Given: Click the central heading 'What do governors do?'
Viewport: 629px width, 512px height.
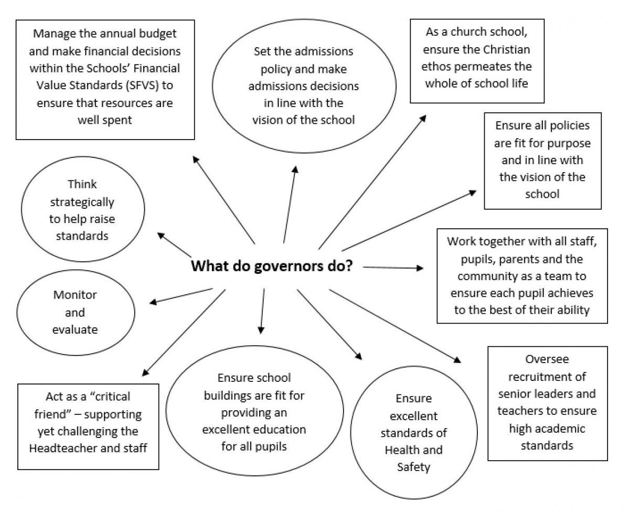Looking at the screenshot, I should point(271,266).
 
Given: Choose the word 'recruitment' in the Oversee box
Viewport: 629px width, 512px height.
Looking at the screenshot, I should point(547,376).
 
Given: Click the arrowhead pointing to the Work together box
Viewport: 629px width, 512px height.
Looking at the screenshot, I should point(420,268).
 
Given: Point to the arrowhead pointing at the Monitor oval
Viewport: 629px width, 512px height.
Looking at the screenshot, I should point(153,302).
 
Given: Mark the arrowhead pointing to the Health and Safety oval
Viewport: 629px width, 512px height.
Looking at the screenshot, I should point(358,356).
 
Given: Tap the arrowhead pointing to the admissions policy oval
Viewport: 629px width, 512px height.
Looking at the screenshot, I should point(296,169).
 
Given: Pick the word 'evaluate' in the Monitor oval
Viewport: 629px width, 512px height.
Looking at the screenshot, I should point(74,329).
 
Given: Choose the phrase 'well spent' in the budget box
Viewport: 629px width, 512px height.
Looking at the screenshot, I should point(104,120).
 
